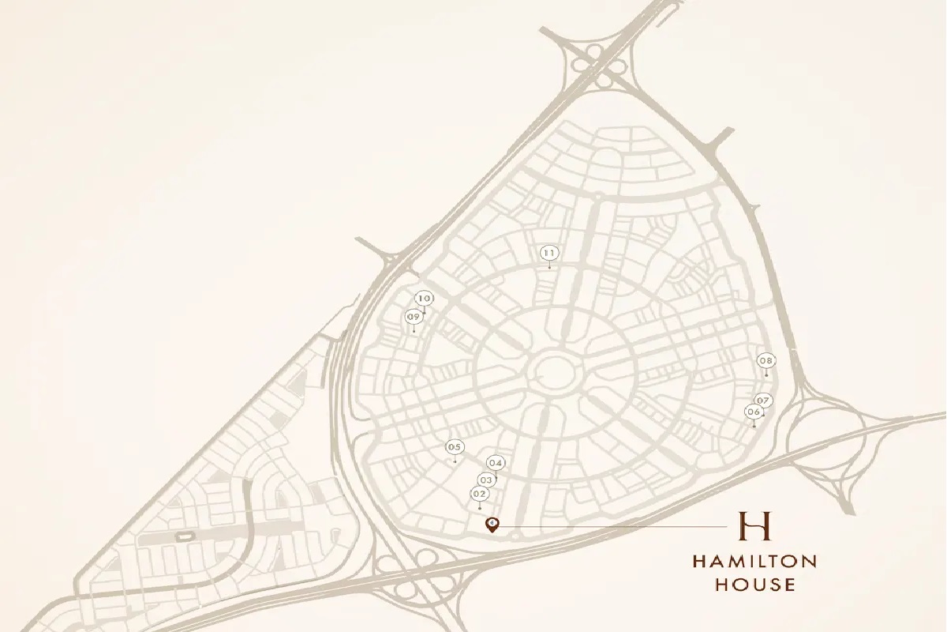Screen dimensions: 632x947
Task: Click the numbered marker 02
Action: (x=479, y=494)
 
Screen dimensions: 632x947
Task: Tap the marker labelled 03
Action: (x=486, y=480)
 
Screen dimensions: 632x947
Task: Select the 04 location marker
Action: (x=496, y=463)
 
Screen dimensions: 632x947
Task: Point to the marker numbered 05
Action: (x=454, y=447)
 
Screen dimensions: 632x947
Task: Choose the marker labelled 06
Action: (x=754, y=412)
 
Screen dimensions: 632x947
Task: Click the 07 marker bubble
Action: (x=763, y=400)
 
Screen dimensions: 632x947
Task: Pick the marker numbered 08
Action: (x=766, y=361)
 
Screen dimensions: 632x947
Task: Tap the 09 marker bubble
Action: (x=413, y=317)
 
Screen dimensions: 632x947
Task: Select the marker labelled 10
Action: (x=425, y=298)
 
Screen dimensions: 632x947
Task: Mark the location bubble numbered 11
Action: (x=550, y=253)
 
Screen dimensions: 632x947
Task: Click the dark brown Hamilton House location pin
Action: (x=492, y=525)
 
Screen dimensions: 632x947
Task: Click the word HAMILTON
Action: (x=754, y=562)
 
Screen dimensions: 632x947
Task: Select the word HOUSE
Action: (x=754, y=585)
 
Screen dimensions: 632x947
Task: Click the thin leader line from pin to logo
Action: (x=616, y=525)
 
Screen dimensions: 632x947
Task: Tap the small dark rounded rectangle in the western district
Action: (x=185, y=537)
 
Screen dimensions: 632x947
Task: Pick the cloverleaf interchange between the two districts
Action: (x=410, y=569)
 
